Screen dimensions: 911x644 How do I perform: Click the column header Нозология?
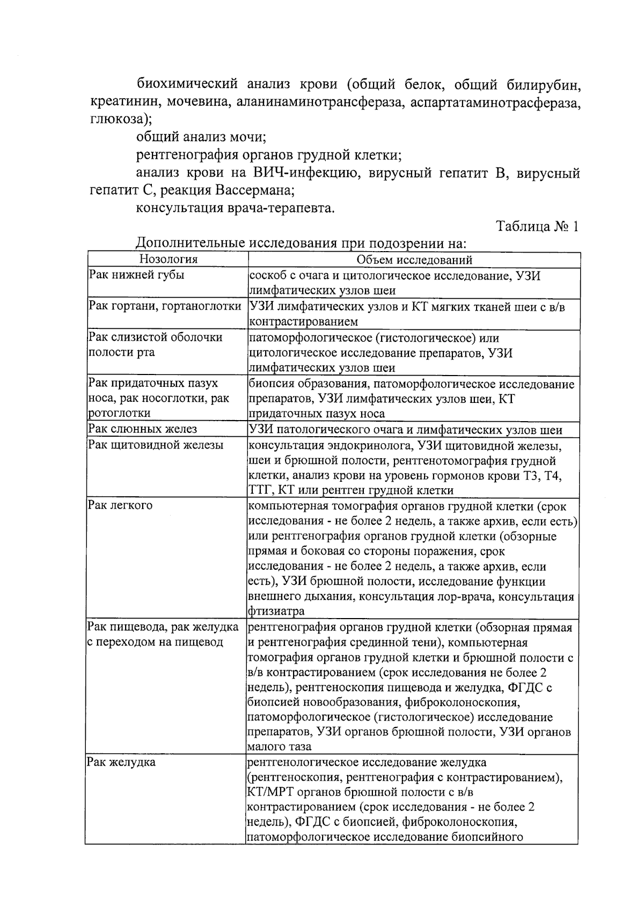click(168, 260)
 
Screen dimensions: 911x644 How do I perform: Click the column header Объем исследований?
click(414, 260)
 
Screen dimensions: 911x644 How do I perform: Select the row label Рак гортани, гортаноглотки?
click(165, 306)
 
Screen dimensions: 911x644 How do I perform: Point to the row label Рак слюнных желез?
click(143, 429)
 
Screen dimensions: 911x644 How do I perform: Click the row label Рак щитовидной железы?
click(156, 445)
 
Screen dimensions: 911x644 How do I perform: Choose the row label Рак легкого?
click(120, 505)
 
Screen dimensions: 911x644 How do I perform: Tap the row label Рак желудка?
click(121, 762)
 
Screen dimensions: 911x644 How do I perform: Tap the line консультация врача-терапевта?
click(236, 208)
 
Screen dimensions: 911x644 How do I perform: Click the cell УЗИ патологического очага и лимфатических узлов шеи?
click(405, 430)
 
